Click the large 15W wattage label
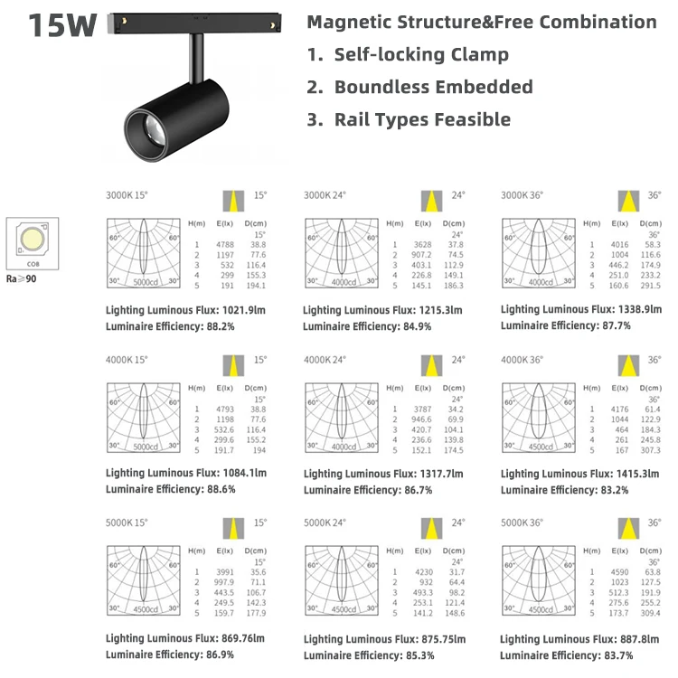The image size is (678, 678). coord(62,24)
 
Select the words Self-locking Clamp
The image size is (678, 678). coord(421,54)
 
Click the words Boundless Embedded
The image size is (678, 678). coord(433,87)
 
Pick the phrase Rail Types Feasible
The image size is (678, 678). coord(422,119)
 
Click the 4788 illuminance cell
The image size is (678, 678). coord(226,244)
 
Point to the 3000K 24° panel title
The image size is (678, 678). coord(325,194)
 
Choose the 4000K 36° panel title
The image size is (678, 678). coord(523,359)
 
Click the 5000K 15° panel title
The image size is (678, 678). coord(127,522)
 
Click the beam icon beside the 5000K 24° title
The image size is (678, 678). coord(431,527)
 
